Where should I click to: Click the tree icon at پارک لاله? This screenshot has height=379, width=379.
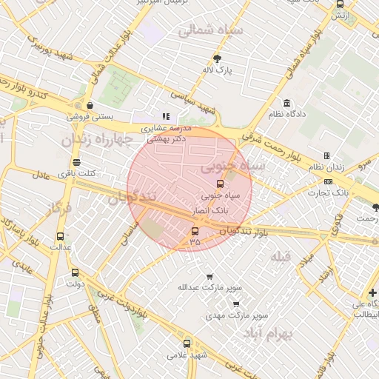[217, 58]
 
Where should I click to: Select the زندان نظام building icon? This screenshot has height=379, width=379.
[326, 156]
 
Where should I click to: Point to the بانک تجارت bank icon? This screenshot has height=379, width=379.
[329, 181]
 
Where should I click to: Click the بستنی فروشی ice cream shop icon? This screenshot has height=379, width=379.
[90, 105]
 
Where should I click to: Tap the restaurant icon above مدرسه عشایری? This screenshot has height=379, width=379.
[166, 116]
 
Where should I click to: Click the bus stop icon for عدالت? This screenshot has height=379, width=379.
[60, 237]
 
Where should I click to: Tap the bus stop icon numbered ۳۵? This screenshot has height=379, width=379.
[195, 231]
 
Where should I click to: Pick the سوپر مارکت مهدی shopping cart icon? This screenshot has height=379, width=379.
[235, 303]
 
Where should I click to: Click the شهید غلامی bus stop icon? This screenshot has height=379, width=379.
[186, 343]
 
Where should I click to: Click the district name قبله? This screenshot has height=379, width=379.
[281, 257]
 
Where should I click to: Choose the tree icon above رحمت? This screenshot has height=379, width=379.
[375, 207]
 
